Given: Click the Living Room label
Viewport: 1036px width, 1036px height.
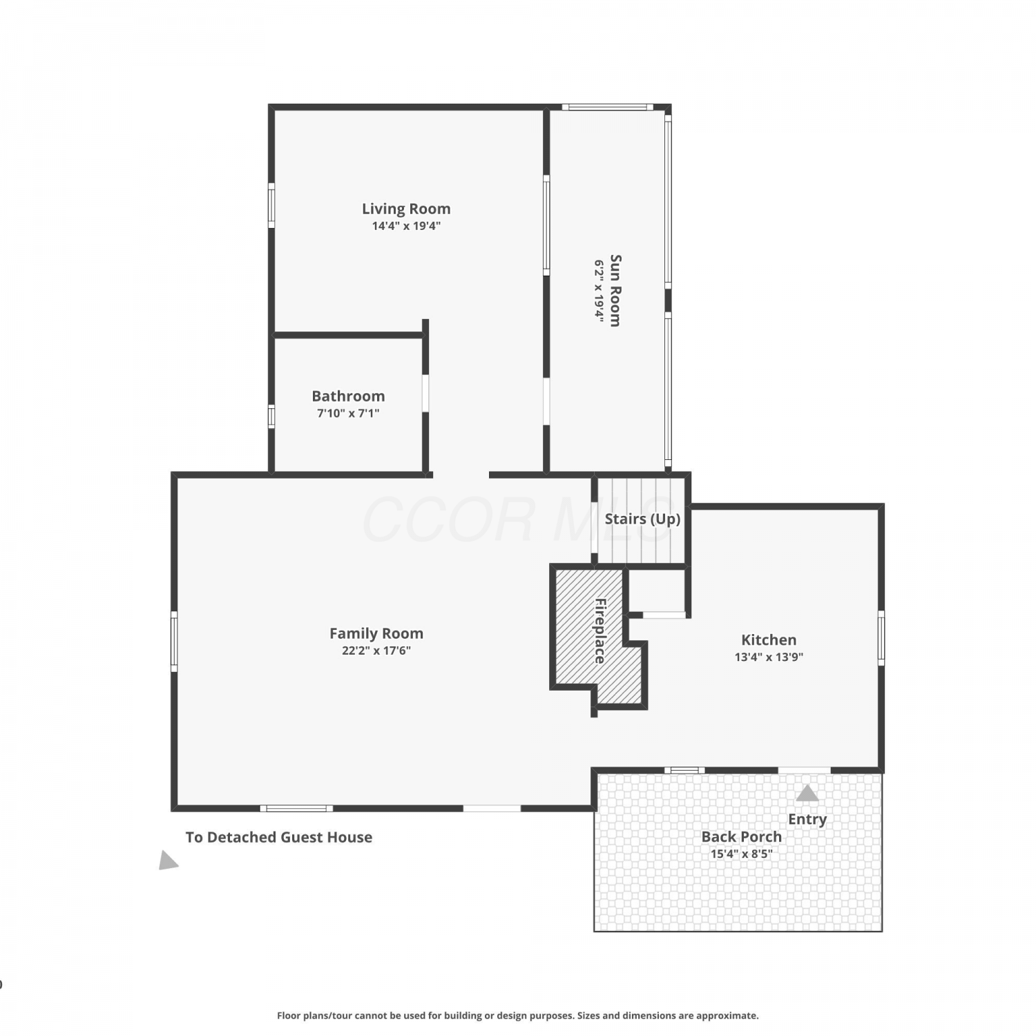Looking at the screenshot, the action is pos(406,209).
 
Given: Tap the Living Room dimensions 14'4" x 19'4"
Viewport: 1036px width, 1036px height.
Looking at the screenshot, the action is pos(406,226).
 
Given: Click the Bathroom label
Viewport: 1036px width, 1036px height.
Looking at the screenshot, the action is pos(348,396).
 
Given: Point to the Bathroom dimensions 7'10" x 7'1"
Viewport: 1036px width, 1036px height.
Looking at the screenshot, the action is pos(348,413).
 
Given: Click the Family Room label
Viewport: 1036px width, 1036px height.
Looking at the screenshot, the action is pos(376,634).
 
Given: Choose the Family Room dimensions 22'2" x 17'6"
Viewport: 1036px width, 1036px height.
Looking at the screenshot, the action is pos(376,651).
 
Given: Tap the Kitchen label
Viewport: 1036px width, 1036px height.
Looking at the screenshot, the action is pos(769,640).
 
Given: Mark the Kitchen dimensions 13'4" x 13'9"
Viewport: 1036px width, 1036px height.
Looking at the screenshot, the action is pos(769,657).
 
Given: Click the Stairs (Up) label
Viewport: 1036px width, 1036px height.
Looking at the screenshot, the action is pos(642,519).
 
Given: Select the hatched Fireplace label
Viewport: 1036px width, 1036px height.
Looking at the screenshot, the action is pos(599,631).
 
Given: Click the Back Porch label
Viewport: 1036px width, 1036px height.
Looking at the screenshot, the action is pos(742,836).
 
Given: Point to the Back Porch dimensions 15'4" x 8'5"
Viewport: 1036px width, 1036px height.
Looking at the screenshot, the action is pos(742,854).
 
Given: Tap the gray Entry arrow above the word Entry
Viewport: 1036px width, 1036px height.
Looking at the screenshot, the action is pos(807,794).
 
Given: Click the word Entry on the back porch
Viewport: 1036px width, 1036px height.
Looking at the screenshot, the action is pos(807,820).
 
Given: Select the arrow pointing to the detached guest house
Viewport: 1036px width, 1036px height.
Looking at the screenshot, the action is pos(168,861).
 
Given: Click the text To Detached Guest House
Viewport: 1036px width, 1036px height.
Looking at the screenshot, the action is pos(279,837).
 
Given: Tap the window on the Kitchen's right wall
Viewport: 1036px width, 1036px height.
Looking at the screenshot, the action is pos(881,637).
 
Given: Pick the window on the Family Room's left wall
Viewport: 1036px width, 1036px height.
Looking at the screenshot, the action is pos(174,641).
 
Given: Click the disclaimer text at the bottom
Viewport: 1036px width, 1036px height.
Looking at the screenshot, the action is pos(518,1015).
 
